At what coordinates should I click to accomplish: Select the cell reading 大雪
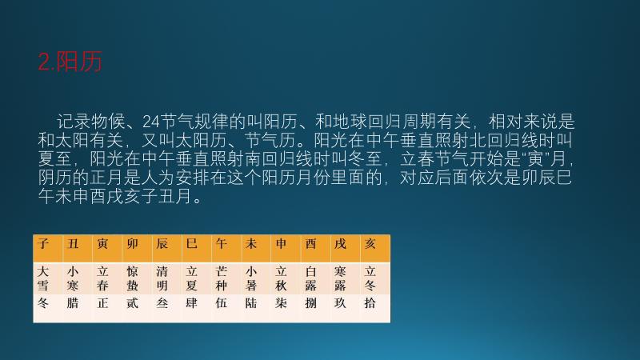(43, 278)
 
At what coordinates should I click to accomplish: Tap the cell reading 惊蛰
(132, 278)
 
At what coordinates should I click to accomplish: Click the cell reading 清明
(162, 278)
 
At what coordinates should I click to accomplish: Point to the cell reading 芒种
(222, 278)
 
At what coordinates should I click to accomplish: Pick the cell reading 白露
(310, 278)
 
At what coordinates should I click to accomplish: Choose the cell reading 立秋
(281, 278)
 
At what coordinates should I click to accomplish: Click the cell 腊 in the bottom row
(73, 304)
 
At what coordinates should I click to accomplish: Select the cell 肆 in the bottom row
(192, 304)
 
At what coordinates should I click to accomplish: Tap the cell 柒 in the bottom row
(281, 304)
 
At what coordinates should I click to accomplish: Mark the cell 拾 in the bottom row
(370, 304)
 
